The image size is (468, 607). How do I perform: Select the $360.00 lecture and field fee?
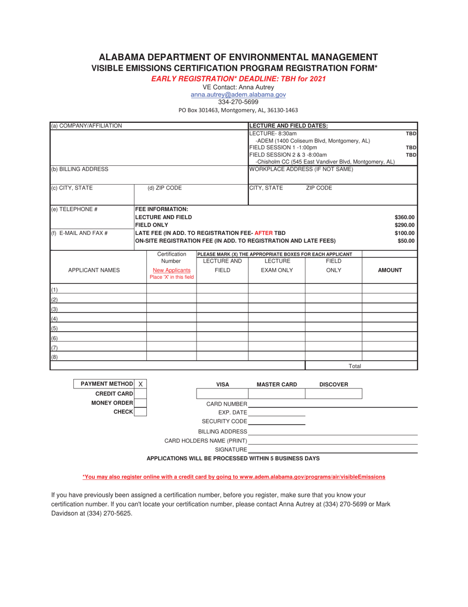404,217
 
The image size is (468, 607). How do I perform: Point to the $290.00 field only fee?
404,225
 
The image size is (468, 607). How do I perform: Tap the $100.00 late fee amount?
404,233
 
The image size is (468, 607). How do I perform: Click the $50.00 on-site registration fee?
406,241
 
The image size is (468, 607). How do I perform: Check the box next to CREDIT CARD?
140,393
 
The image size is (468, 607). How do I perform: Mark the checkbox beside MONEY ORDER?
140,403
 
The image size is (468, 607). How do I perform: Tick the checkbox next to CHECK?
140,412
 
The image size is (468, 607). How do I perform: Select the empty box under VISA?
222,393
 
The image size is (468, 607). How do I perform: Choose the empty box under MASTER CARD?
276,393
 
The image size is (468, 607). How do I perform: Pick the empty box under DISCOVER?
334,393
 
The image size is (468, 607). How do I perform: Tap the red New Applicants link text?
171,270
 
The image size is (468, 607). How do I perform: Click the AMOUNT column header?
390,270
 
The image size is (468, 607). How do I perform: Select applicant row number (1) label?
54,290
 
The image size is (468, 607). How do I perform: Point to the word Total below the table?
355,366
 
